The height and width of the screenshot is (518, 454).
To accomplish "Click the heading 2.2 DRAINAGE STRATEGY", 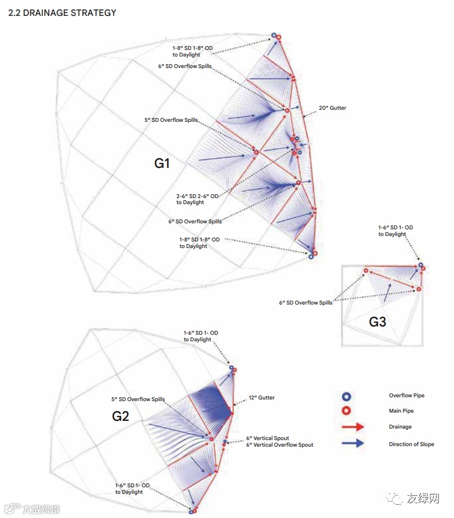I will (63, 13).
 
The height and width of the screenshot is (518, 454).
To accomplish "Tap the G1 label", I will (162, 163).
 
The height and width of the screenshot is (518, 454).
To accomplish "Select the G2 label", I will (120, 416).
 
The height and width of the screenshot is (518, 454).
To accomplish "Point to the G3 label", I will (377, 322).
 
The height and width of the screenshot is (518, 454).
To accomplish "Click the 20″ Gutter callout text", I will (332, 108).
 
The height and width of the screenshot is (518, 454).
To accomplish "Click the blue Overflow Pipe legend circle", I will (346, 396).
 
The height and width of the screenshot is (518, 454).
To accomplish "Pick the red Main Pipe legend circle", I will (346, 411).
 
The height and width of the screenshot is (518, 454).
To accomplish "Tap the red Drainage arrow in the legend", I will (352, 427).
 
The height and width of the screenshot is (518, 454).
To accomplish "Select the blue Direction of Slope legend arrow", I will (352, 443).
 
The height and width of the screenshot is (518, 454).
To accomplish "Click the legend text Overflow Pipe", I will (406, 396).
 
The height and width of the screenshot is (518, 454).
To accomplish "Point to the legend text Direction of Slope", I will (411, 444).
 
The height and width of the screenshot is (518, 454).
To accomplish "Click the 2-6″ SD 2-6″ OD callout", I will (198, 199).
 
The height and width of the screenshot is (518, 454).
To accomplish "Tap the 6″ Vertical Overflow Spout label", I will (279, 444).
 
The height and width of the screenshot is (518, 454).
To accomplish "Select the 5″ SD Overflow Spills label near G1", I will (171, 120).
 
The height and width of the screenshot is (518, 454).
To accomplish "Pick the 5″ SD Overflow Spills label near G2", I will (138, 399).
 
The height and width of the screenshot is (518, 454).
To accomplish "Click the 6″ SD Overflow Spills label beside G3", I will (306, 303).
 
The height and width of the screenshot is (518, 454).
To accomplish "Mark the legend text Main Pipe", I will (401, 411).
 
